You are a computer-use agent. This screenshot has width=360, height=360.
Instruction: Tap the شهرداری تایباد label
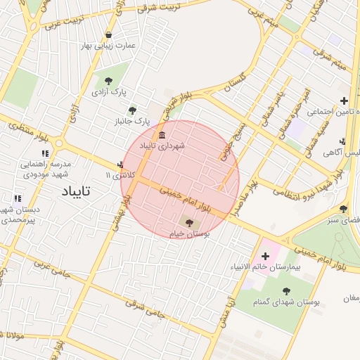point(161,146)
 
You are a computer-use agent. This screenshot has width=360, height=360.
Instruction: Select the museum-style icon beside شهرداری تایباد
point(162,135)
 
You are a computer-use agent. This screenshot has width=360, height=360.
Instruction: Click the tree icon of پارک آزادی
point(108,82)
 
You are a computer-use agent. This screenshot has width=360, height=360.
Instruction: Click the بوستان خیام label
point(187,233)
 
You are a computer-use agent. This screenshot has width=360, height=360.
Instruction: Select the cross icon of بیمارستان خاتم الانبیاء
point(265,257)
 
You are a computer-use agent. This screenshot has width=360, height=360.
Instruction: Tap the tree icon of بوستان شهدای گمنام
point(286,291)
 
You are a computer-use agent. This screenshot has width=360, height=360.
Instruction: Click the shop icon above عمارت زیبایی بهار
point(108,35)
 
